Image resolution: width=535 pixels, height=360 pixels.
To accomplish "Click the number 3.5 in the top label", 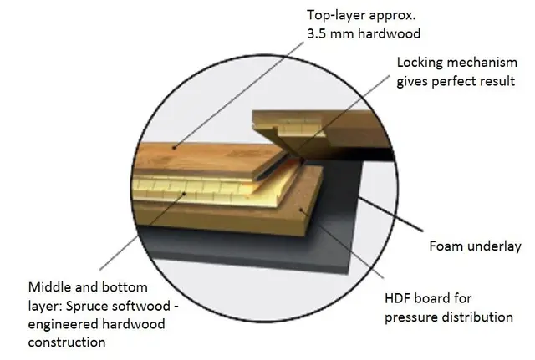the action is pos(316,33).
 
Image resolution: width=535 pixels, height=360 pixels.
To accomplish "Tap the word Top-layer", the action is pos(333,16).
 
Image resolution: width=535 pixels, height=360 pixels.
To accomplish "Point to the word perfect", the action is pos(453,82).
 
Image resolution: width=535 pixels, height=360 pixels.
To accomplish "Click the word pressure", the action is pos(411,317).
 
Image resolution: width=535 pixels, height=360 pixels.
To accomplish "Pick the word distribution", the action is pos(477,317).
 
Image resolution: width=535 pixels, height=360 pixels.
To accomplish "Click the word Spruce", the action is pos(87,307).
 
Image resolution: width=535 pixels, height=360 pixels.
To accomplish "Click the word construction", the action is pos(67,342).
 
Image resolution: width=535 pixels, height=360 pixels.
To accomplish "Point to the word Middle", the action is pos(50,287).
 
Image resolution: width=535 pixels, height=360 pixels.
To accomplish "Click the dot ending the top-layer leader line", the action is pos(174,148).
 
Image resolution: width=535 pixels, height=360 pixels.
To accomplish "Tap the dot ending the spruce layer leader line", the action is pos(185,194).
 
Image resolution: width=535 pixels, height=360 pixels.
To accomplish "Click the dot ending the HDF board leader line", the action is pos(301,210).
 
